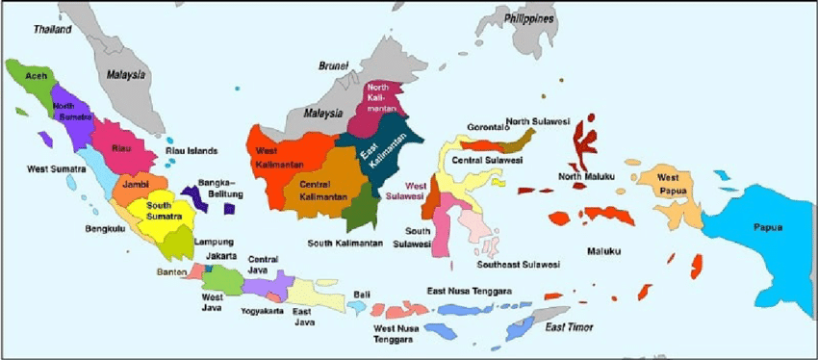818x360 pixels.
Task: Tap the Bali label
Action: [x=362, y=294]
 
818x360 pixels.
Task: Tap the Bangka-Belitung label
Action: [x=219, y=188]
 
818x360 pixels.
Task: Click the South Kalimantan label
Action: [x=345, y=243]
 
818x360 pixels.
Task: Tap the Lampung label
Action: [x=213, y=242]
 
